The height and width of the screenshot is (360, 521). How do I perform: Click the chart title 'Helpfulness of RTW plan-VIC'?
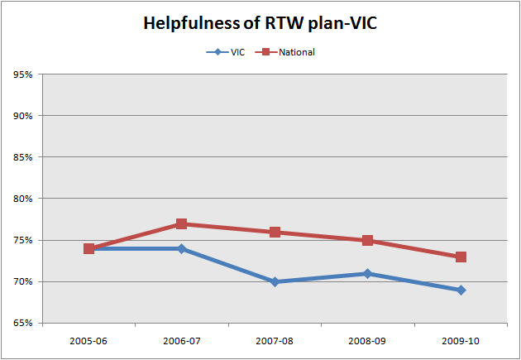point(260,23)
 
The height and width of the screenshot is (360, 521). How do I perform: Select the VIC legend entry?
point(228,52)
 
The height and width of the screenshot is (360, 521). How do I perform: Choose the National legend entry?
point(289,52)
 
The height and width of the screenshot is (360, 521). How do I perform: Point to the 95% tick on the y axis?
point(23,74)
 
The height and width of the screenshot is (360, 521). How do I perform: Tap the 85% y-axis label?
point(23,157)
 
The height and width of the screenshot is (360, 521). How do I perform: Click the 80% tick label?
point(23,199)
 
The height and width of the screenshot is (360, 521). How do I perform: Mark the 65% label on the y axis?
point(23,324)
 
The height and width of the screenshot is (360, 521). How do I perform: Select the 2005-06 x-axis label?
point(88,339)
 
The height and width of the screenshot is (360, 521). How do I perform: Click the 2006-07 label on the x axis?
point(181,339)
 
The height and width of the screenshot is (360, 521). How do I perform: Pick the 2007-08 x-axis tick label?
point(275,339)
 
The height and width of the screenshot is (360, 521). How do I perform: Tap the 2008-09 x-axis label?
point(367,339)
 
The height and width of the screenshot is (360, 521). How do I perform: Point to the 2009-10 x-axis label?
point(461,339)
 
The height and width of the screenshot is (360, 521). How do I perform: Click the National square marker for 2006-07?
point(181,223)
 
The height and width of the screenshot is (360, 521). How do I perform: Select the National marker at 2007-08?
point(275,232)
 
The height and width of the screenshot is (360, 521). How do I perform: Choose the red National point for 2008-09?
point(367,240)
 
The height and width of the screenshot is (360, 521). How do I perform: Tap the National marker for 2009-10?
point(461,257)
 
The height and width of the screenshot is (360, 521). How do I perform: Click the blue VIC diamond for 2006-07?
point(181,248)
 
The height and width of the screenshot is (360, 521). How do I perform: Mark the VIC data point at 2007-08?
point(275,281)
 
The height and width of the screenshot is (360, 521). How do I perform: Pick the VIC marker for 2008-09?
point(367,273)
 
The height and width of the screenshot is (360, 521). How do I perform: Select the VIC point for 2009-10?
point(461,290)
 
